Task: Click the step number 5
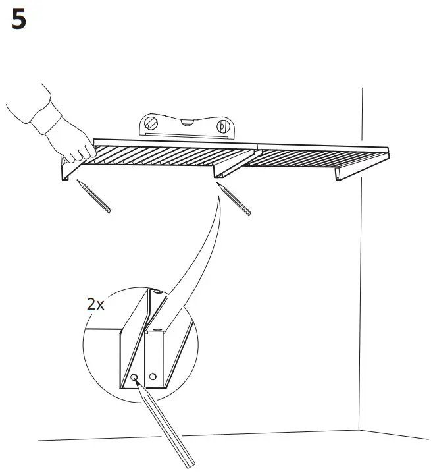coord(20,20)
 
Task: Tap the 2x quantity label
coord(96,304)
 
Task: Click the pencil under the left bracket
coord(94,196)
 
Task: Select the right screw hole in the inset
coord(153,377)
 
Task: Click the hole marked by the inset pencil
coord(134,377)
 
